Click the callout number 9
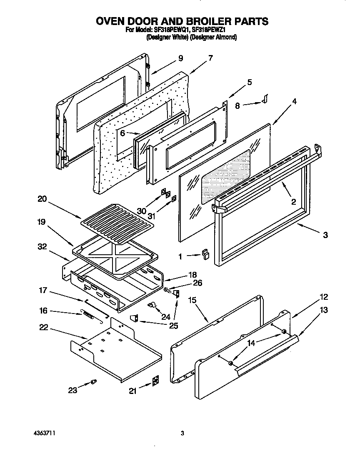coord(180,59)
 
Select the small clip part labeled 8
coord(264,98)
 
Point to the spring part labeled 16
coord(88,314)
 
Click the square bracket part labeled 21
coord(155,381)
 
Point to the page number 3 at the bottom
coord(182,434)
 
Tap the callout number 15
coord(192,300)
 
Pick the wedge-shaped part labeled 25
coord(134,319)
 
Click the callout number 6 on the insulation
coord(123,133)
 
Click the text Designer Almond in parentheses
coord(214,37)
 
